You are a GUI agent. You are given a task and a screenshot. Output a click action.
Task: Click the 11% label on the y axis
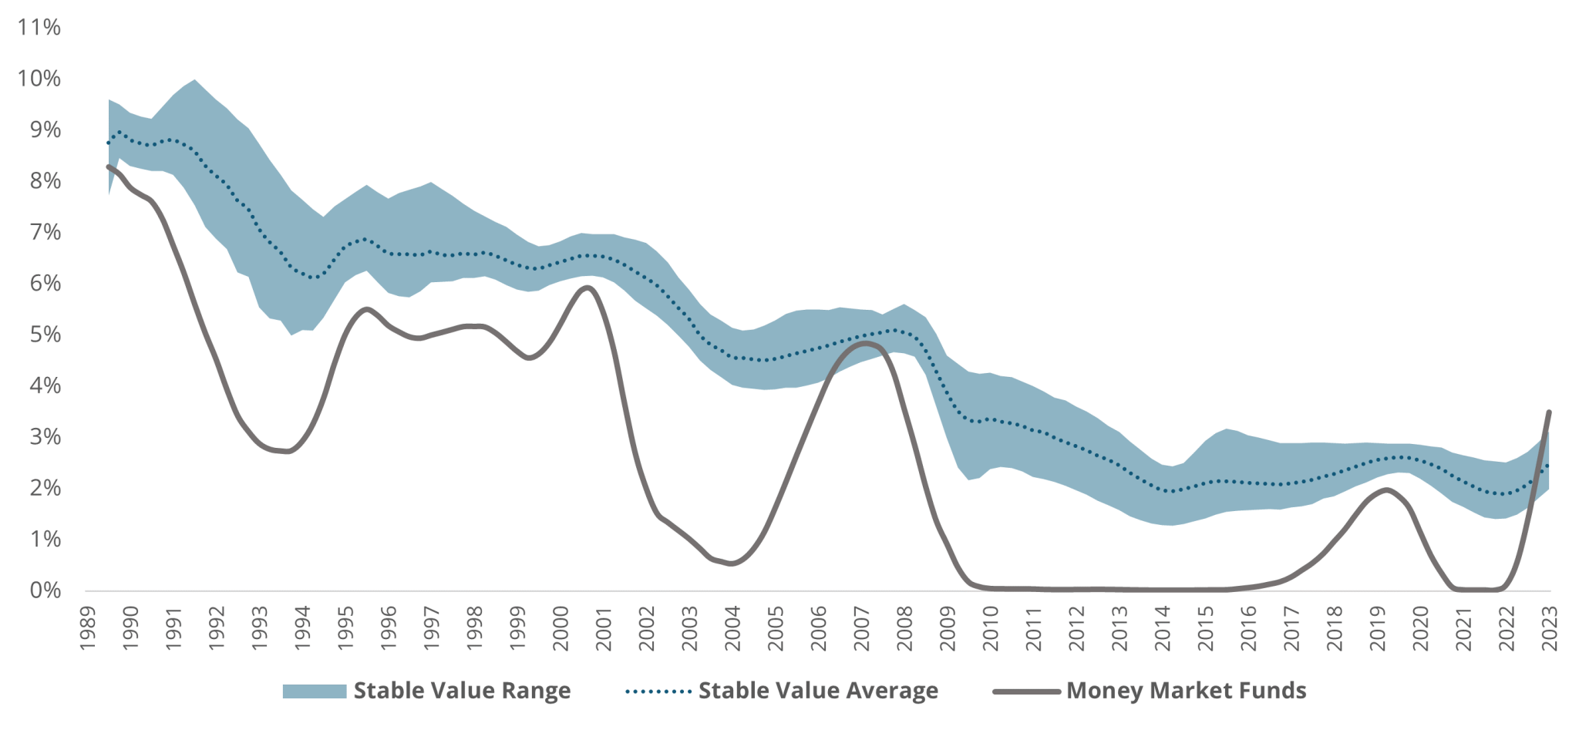coord(39,28)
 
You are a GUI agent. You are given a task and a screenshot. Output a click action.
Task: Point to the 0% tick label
coord(45,590)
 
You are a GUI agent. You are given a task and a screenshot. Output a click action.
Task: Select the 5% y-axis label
coord(45,335)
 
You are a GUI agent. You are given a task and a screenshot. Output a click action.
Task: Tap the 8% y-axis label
coord(45,181)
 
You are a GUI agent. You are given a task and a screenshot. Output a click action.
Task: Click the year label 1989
coord(88,627)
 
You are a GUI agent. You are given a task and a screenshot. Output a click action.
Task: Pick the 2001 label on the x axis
coord(604,627)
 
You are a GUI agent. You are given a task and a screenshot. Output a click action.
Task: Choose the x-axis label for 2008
coord(904,627)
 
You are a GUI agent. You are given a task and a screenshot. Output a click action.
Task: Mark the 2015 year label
coord(1205,627)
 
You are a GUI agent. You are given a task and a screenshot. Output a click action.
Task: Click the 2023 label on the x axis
coord(1549,627)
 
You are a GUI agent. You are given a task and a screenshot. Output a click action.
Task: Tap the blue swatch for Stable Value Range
coord(314,691)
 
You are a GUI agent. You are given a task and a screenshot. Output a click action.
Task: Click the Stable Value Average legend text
coord(818,691)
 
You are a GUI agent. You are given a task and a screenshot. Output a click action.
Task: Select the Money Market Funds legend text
coord(1186,691)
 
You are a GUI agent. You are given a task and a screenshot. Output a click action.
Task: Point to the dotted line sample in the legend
coord(658,691)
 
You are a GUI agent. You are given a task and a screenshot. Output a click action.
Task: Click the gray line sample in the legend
coord(1026,691)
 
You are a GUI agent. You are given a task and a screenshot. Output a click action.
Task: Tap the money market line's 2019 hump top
coord(1386,489)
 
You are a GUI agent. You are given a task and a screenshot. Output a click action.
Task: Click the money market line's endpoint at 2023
coord(1549,412)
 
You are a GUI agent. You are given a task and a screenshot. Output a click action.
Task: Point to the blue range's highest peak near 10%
coord(194,80)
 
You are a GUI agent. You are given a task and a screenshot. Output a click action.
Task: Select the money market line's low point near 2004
coord(731,563)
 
